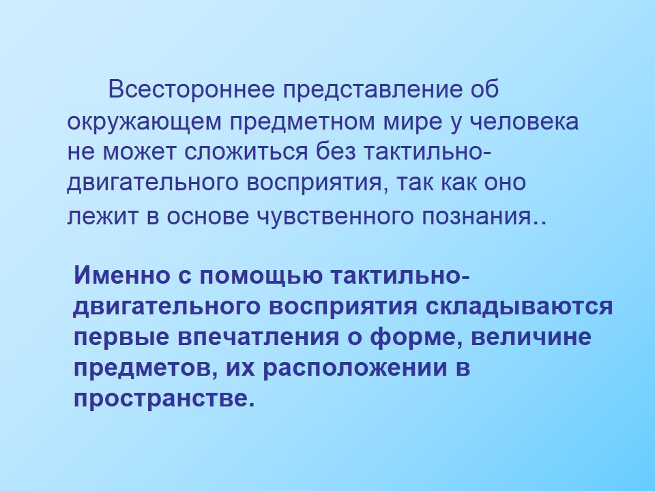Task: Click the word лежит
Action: [x=102, y=216]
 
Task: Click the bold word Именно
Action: [x=122, y=275]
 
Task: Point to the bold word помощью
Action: [x=261, y=276]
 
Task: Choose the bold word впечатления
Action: [x=258, y=337]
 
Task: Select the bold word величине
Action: [x=532, y=337]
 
